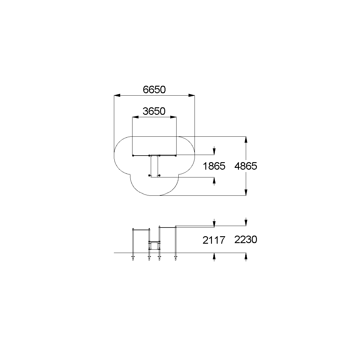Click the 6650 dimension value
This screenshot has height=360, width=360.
pyautogui.click(x=154, y=90)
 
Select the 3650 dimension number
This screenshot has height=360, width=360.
pyautogui.click(x=154, y=111)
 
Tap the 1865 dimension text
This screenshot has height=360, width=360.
pyautogui.click(x=214, y=166)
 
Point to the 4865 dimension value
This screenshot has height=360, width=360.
pyautogui.click(x=246, y=166)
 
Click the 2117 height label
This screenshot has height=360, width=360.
pyautogui.click(x=214, y=240)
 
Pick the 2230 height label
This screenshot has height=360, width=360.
pyautogui.click(x=246, y=240)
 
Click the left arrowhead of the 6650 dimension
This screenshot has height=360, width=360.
pyautogui.click(x=117, y=95)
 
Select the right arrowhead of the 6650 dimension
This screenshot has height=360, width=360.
pyautogui.click(x=192, y=95)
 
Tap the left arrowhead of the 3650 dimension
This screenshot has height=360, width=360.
pyautogui.click(x=135, y=117)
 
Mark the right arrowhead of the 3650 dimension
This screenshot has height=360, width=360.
pyautogui.click(x=173, y=117)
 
